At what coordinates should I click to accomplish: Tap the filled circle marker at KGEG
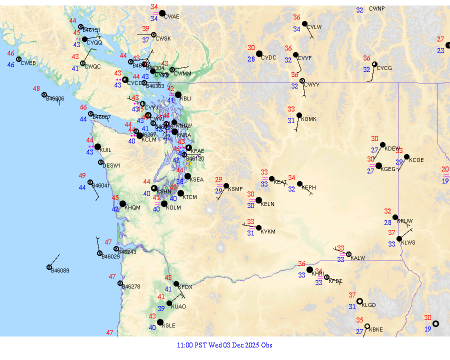pos(379,166)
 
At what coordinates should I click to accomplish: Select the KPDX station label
pos(185,287)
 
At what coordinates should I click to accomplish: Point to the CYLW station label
pos(314,27)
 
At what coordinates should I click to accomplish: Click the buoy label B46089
pos(60,270)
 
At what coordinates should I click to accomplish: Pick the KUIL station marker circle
pos(97,147)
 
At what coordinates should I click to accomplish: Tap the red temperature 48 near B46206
pos(36,88)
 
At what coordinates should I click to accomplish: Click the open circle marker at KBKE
pos(367,326)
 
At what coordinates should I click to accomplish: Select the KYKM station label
pos(268,231)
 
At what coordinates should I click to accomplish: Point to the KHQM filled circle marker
pos(123,203)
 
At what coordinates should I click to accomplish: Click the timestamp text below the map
pos(224,345)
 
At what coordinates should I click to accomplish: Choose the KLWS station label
pos(408,242)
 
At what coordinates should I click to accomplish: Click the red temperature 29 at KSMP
pos(218,179)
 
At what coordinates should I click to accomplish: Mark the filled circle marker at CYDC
pos(259,53)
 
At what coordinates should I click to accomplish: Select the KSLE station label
pos(168,325)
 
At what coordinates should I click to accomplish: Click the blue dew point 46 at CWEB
pos(10,64)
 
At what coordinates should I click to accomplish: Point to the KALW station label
pos(358,258)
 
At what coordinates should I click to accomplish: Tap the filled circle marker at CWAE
pos(161,13)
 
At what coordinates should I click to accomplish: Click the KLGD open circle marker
pos(359,301)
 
